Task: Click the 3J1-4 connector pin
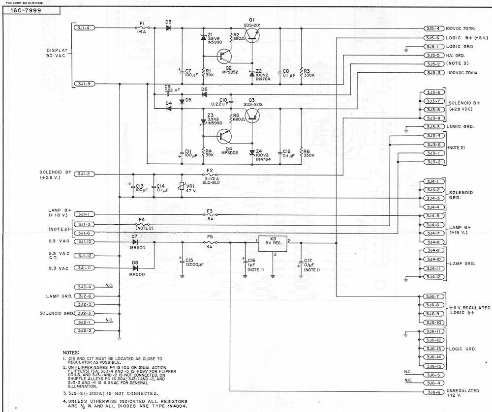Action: [x=83, y=28]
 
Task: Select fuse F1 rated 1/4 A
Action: [x=142, y=28]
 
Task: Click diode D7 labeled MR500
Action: [x=134, y=242]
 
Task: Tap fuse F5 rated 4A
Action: [x=210, y=242]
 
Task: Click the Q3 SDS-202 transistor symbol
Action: [x=252, y=115]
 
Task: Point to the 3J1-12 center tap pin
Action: [x=83, y=256]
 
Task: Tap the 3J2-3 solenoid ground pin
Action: [x=83, y=313]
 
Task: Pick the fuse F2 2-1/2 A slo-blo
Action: [x=210, y=175]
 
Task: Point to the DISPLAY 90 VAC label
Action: [x=57, y=53]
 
